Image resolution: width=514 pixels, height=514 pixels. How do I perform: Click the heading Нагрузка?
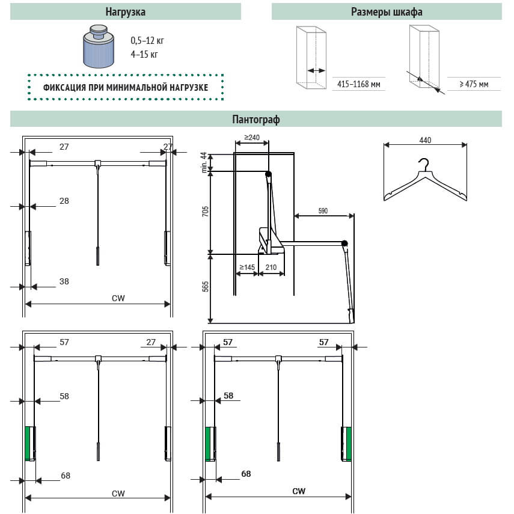[x=125, y=12]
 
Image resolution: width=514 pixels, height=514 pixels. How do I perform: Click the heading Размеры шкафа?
[x=386, y=12]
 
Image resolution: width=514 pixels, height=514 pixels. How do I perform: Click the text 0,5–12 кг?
[x=147, y=41]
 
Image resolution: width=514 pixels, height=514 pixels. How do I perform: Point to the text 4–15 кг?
[x=144, y=55]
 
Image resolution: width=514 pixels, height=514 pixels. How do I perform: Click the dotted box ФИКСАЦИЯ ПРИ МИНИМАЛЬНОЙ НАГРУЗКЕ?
[x=126, y=87]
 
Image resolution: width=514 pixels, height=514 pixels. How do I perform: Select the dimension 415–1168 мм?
[x=359, y=85]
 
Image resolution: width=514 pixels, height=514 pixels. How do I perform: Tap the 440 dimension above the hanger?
[x=426, y=140]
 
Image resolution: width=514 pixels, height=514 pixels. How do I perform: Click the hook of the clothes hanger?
[x=424, y=163]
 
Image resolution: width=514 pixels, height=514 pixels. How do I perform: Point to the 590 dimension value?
[x=323, y=210]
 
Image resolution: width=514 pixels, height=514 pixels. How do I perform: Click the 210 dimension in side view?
[x=271, y=266]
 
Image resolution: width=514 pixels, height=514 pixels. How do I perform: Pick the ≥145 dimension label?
[x=247, y=266]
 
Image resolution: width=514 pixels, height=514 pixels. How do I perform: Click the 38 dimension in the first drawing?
[x=64, y=280]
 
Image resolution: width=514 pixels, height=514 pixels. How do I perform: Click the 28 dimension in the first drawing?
[x=64, y=201]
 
